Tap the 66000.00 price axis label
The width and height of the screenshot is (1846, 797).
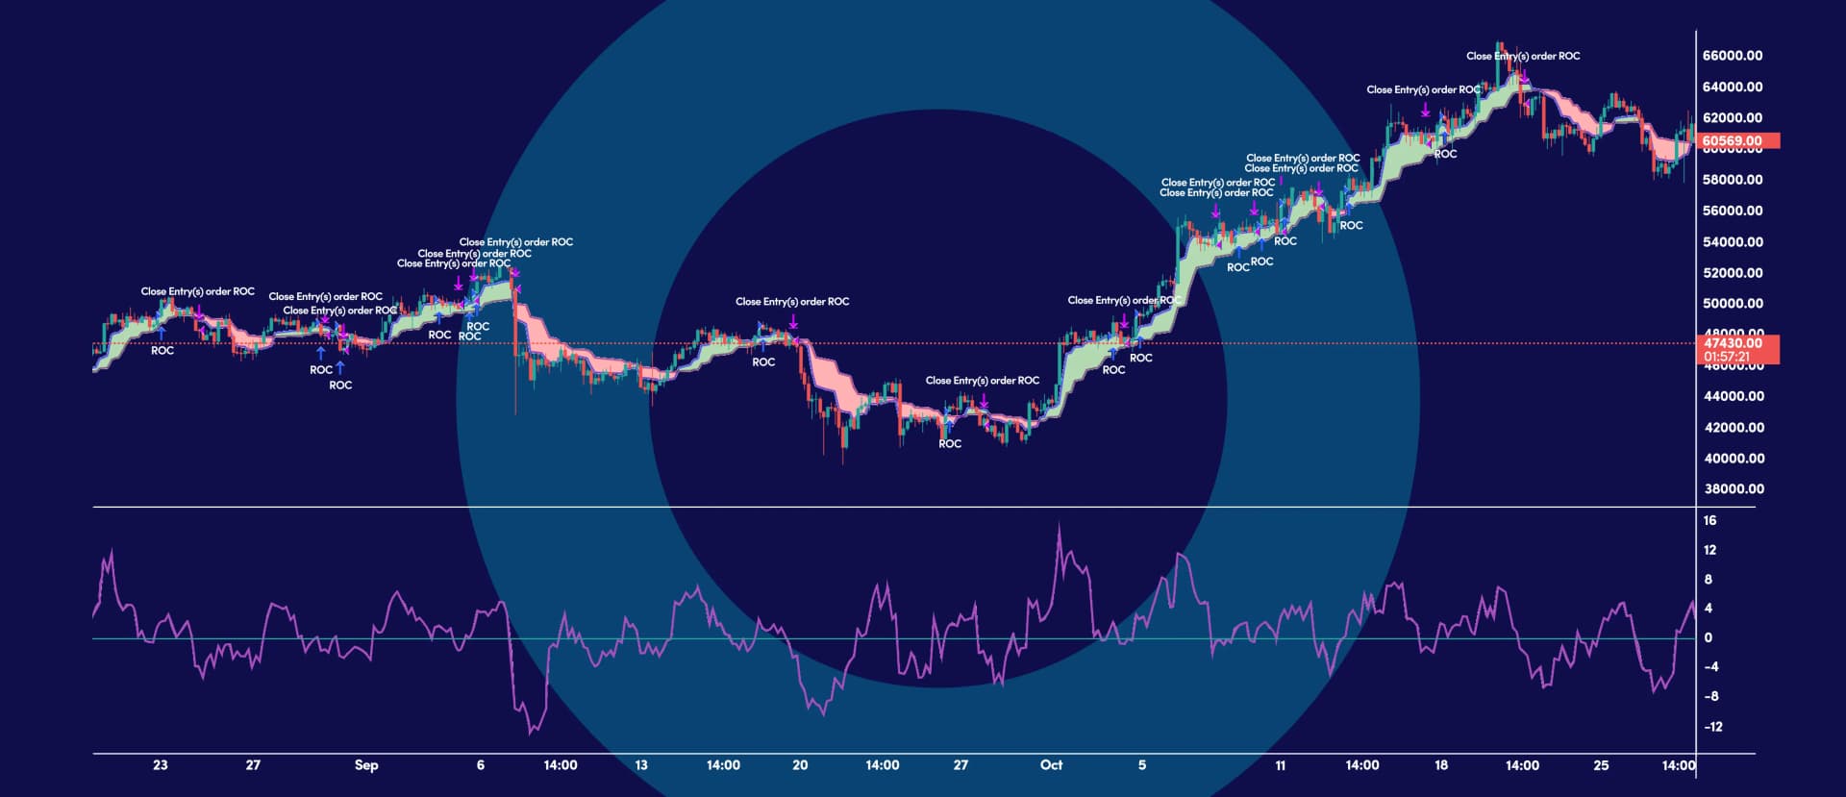(x=1732, y=56)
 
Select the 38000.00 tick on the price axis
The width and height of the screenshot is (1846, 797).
(x=1732, y=488)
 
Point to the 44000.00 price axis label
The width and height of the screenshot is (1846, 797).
(x=1732, y=396)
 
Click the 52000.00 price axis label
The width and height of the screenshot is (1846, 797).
(x=1732, y=273)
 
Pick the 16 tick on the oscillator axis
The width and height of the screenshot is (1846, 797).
(x=1709, y=520)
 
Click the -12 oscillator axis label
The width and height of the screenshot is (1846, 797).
(x=1712, y=727)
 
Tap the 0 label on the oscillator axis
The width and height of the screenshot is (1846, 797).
(x=1708, y=637)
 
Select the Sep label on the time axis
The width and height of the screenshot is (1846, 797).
(x=366, y=765)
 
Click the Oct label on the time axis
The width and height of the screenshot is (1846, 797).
(x=1051, y=765)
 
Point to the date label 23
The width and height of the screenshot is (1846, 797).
(x=160, y=765)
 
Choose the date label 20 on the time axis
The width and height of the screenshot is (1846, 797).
(x=800, y=765)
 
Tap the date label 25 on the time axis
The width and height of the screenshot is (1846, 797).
(x=1601, y=765)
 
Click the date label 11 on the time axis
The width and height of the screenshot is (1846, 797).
(x=1280, y=765)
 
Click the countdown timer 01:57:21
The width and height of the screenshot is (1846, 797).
(x=1726, y=357)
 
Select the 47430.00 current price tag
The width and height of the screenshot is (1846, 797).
(x=1733, y=342)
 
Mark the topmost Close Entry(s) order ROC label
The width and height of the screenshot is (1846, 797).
(x=1523, y=56)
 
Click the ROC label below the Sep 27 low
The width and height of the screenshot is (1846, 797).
(x=950, y=444)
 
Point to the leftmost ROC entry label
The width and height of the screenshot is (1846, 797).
(x=162, y=351)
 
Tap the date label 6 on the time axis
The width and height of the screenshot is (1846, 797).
(x=481, y=765)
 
